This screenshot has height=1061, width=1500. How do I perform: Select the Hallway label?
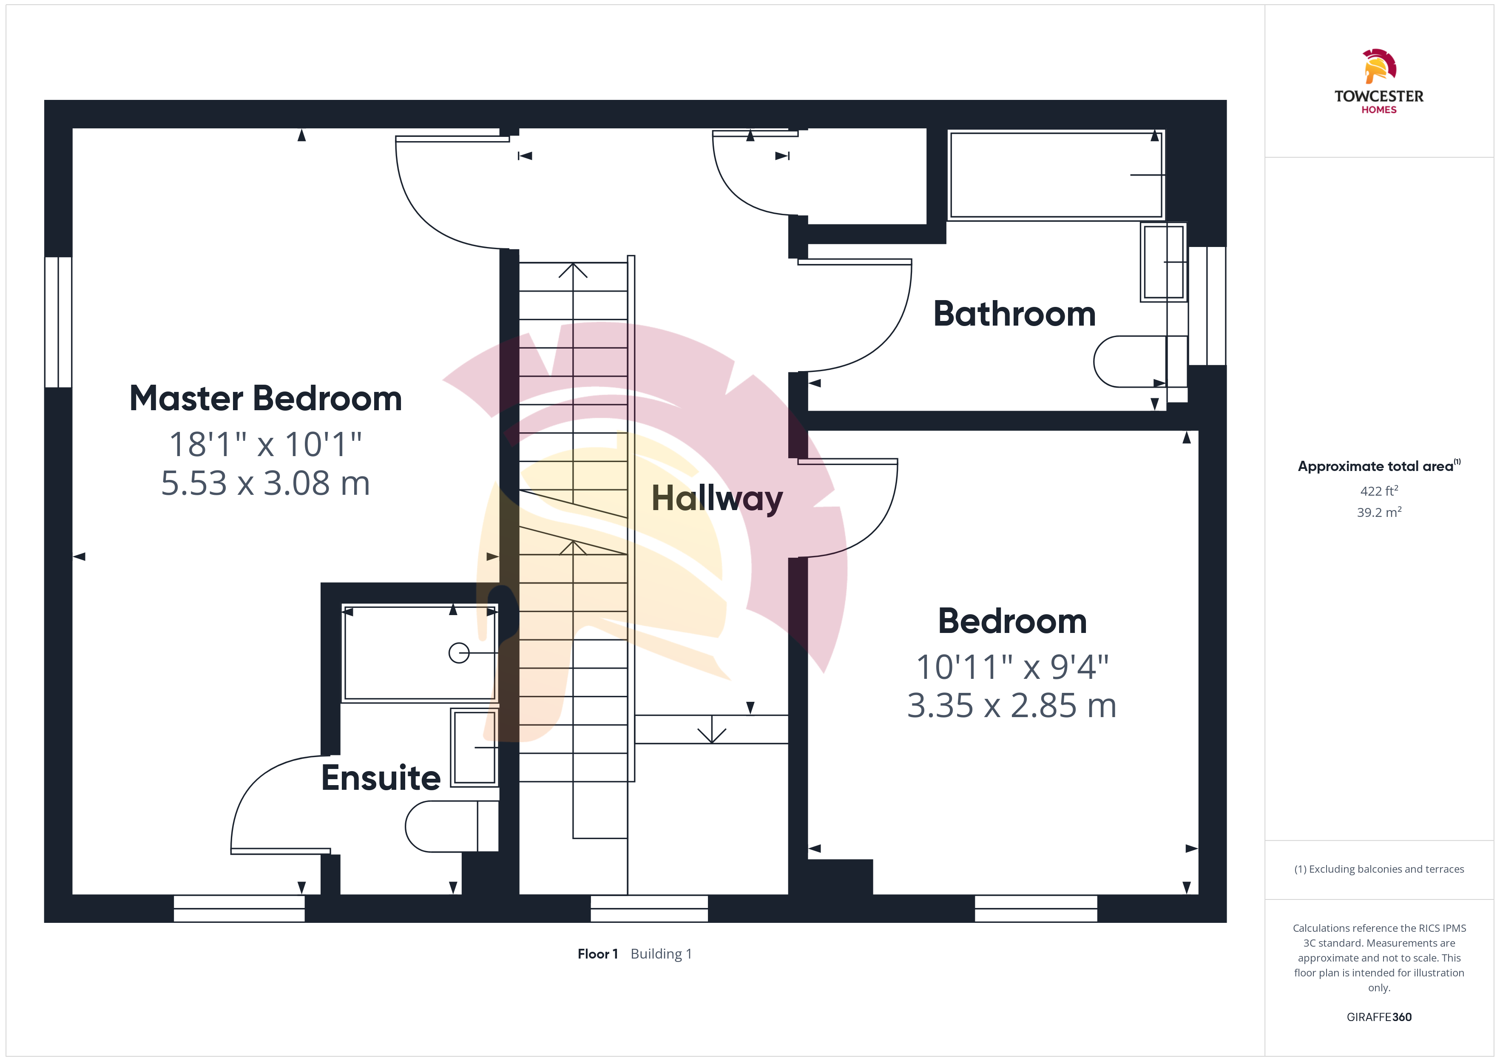tap(717, 499)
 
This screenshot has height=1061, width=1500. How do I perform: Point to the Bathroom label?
tap(1014, 314)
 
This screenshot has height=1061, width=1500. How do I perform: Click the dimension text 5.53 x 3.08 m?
tap(266, 483)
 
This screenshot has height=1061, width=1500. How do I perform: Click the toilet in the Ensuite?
tap(452, 826)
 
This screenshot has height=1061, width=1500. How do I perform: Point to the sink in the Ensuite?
tap(475, 747)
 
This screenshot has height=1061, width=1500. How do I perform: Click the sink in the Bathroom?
tap(1164, 262)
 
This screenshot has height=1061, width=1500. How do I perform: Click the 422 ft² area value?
tap(1379, 491)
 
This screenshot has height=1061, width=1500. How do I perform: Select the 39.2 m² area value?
tap(1379, 512)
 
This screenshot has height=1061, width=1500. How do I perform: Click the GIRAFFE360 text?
tap(1379, 1017)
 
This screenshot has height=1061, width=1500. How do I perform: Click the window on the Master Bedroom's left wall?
tap(58, 322)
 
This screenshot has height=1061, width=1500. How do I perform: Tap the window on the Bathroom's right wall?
tap(1207, 306)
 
